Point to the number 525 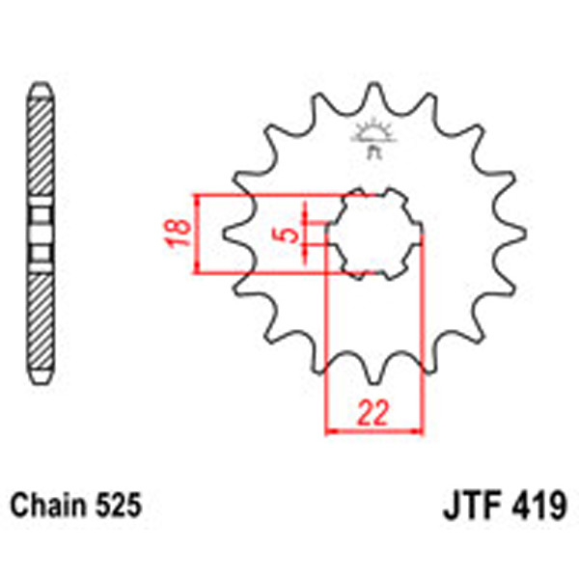119,505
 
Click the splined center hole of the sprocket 374,234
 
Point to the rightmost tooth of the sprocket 519,234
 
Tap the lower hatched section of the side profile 40,318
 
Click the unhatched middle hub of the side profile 40,234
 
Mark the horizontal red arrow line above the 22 374,429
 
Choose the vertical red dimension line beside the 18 198,234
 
